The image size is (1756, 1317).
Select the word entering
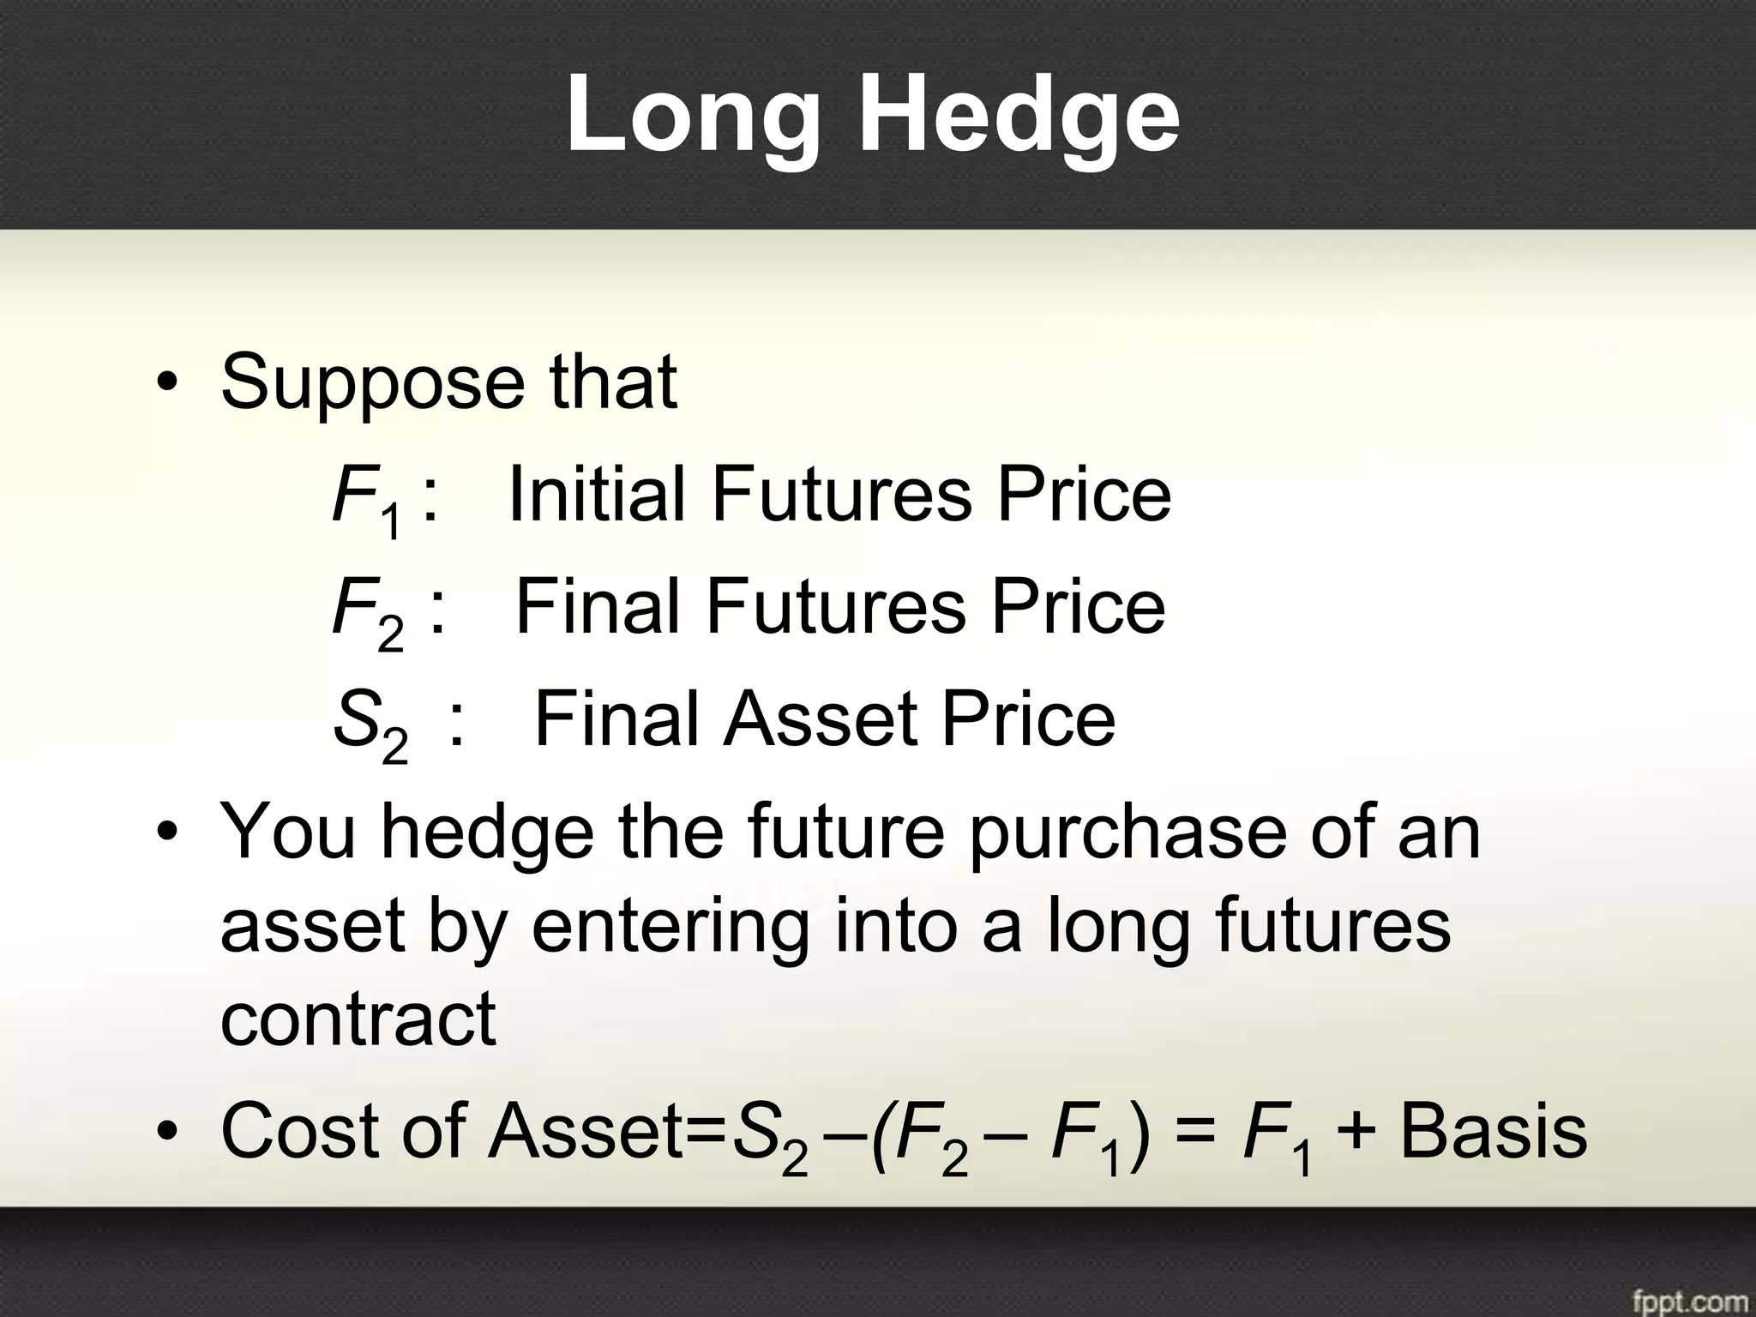[x=670, y=928]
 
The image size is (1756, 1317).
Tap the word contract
[x=358, y=1019]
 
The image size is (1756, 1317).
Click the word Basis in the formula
[x=1493, y=1132]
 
